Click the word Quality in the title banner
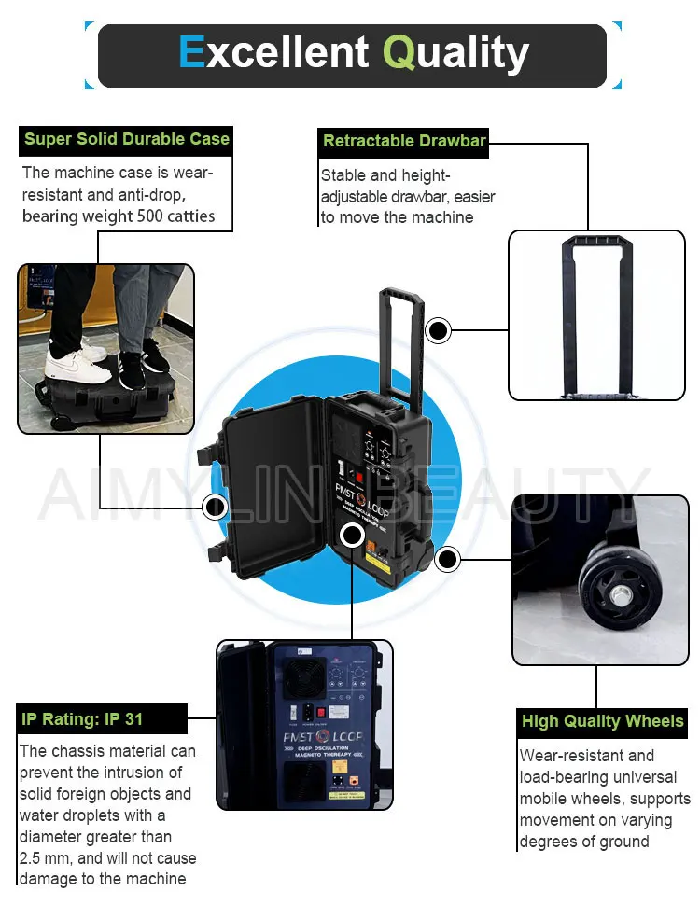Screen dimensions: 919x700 click(456, 53)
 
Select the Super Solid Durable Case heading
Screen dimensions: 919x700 click(126, 140)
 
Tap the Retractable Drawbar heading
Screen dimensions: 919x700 click(403, 142)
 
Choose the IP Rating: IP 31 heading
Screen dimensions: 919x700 click(82, 719)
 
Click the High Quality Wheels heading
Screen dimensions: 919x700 click(602, 721)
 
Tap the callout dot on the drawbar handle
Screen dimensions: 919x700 click(438, 330)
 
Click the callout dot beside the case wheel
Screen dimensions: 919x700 click(447, 560)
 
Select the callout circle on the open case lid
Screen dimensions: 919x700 click(216, 507)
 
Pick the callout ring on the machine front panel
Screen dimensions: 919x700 click(352, 536)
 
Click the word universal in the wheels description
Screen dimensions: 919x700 click(640, 777)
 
